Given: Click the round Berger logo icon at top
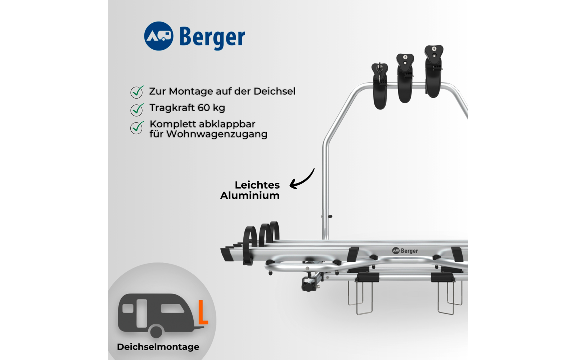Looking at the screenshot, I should tap(158, 36).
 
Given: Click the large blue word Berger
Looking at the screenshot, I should tap(212, 37).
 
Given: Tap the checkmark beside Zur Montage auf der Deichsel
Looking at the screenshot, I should tap(137, 92).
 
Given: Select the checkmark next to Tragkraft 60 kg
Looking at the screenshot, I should tap(137, 109).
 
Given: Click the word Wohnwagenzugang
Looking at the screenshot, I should tap(217, 134).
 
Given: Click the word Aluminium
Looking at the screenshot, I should tap(250, 195).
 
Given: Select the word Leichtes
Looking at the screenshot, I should tap(257, 185).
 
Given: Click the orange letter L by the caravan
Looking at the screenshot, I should tap(203, 312).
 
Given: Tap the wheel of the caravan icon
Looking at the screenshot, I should tap(156, 331).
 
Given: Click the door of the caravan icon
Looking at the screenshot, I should tap(141, 313).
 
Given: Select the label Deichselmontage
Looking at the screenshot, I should tap(158, 347).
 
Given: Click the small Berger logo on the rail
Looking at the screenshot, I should tap(405, 251).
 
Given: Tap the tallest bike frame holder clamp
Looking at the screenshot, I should tap(433, 71).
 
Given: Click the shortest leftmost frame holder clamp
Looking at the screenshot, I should tap(380, 86).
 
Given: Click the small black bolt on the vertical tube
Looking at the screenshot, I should tap(330, 216).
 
